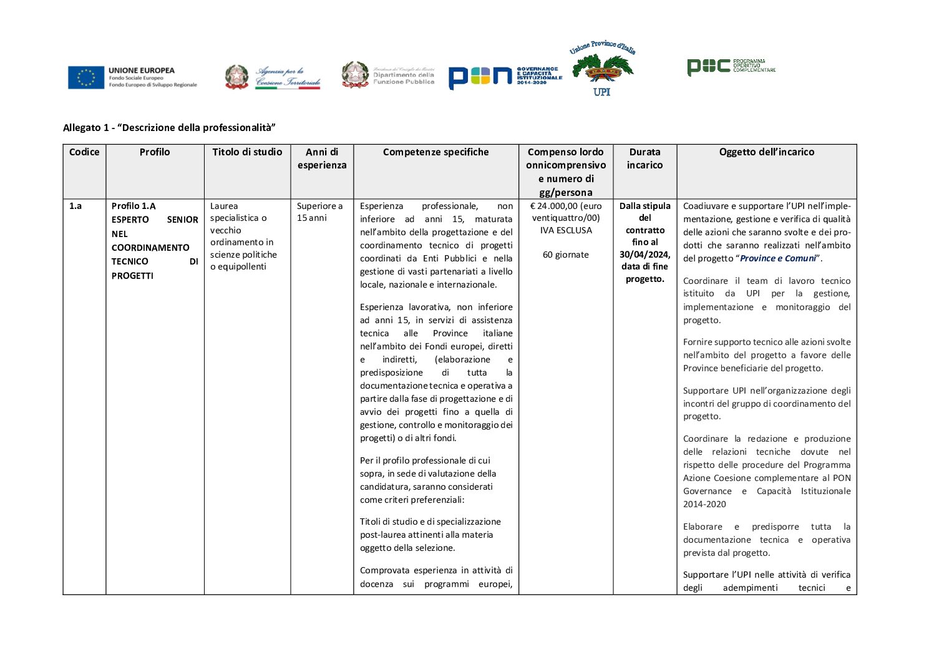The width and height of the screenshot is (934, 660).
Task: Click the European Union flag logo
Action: tap(86, 77)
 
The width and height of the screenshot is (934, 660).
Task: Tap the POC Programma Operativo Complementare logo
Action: tap(731, 66)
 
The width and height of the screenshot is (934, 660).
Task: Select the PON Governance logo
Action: tap(505, 76)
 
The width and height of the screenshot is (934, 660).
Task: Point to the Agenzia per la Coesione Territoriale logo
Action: tap(273, 77)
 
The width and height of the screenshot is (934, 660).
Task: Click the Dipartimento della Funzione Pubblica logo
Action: tap(388, 75)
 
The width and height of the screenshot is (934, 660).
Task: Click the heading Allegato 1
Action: tap(169, 128)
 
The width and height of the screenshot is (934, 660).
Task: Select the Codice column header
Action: tap(84, 152)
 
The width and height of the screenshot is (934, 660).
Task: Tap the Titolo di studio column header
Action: tap(247, 152)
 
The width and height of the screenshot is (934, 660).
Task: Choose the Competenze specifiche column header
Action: tap(435, 152)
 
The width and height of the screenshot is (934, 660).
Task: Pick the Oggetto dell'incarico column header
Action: tap(766, 152)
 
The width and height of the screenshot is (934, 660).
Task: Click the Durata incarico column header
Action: tap(645, 158)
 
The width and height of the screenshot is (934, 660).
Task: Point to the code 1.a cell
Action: tap(75, 206)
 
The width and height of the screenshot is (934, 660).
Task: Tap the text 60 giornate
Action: tap(565, 255)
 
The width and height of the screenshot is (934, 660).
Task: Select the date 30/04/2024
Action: tap(644, 255)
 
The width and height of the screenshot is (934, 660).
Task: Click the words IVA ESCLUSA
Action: tap(565, 230)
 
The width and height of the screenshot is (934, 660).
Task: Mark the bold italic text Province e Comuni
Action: tap(777, 258)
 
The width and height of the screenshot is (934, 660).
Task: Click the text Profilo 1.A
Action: tap(134, 206)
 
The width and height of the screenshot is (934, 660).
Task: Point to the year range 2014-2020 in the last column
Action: tap(704, 504)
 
